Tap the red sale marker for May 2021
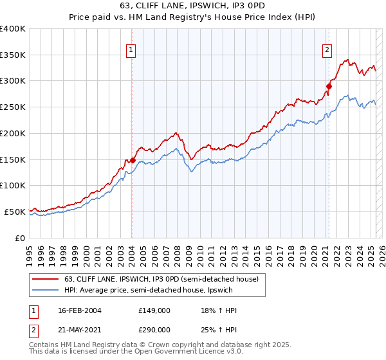click(329, 86)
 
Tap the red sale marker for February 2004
click(133, 160)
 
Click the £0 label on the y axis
click(21, 238)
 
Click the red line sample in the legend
click(46, 279)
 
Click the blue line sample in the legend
click(46, 290)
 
